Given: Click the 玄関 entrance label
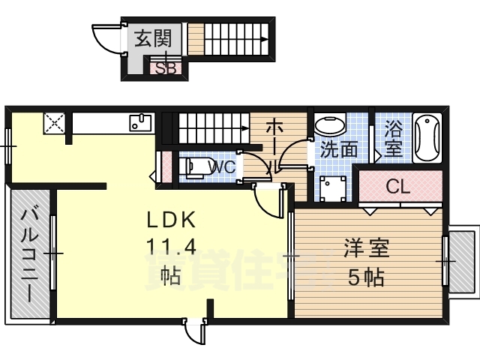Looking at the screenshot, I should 154,37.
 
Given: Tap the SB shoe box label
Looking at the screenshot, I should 166,69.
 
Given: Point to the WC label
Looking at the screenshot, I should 223,166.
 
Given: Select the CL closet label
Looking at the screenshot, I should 397,186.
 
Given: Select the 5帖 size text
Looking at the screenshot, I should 365,277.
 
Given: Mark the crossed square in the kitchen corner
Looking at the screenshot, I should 55,122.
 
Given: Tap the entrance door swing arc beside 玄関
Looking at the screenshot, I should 105,41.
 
